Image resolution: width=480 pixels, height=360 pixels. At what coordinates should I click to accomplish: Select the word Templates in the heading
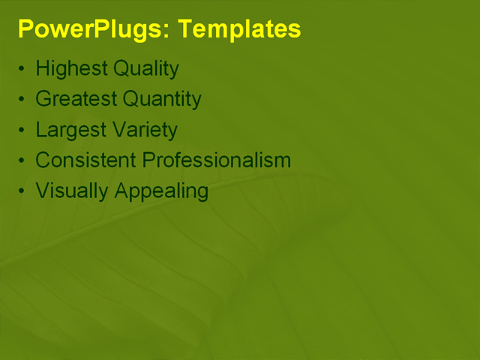(241, 29)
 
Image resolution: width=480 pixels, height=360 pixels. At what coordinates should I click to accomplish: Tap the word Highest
(72, 70)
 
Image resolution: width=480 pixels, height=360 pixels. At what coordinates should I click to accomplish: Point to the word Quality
(146, 70)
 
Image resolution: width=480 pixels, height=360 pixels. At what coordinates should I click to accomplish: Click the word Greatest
(76, 99)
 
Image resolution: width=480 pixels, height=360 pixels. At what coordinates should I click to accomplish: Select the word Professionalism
(216, 160)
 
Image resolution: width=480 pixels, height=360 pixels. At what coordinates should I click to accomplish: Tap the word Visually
(72, 191)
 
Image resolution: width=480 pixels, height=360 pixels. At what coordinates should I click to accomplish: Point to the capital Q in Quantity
(130, 99)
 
